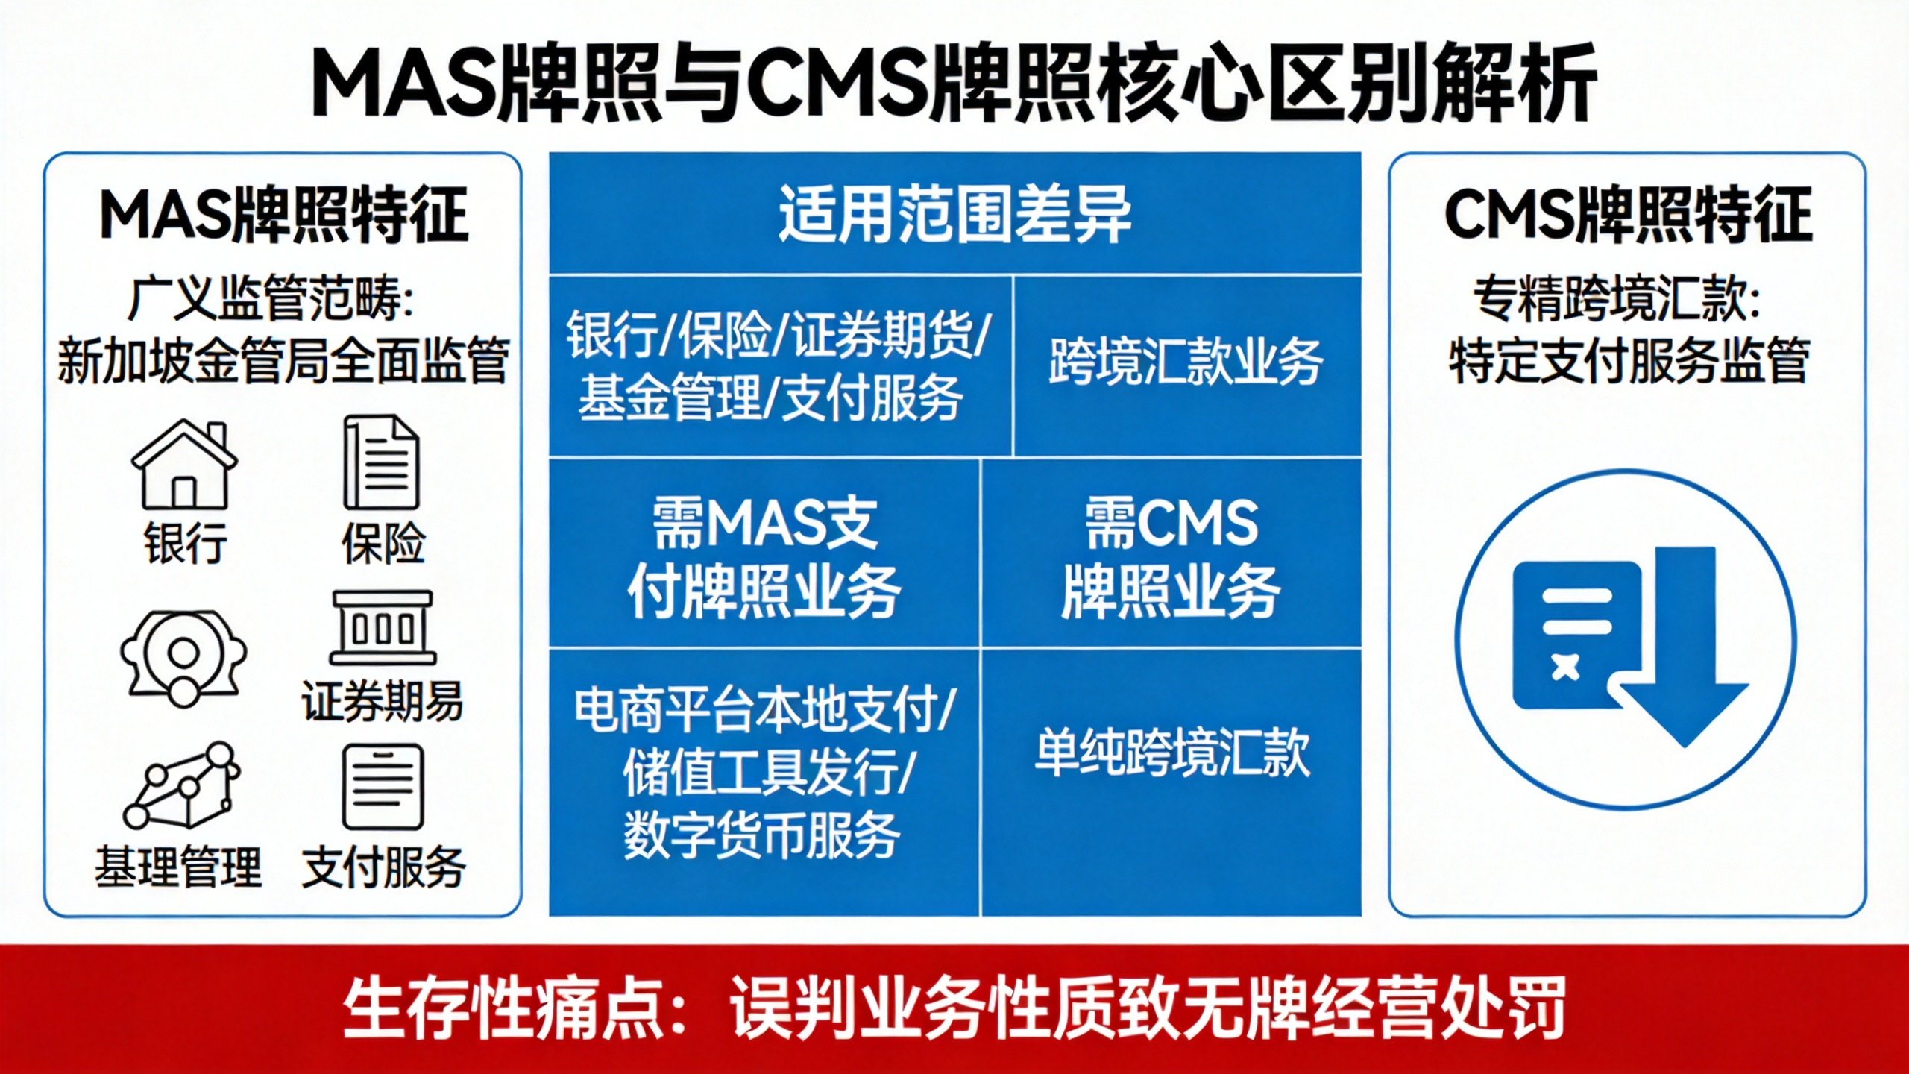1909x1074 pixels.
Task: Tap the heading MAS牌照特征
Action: pos(283,215)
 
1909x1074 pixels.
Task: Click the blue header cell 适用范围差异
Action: pos(954,214)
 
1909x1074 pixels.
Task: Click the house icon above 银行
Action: pos(184,464)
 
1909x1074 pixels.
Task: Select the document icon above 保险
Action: pos(381,462)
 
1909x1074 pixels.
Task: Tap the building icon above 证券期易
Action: pos(383,628)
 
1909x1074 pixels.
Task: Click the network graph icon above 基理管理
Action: pos(181,785)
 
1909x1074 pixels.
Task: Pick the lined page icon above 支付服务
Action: pos(383,788)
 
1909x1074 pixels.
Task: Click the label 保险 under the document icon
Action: pos(383,543)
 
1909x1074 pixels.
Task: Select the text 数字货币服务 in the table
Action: pos(762,835)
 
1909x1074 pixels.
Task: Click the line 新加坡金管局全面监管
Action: pos(283,359)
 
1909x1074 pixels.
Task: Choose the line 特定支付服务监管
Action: pos(1629,359)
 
